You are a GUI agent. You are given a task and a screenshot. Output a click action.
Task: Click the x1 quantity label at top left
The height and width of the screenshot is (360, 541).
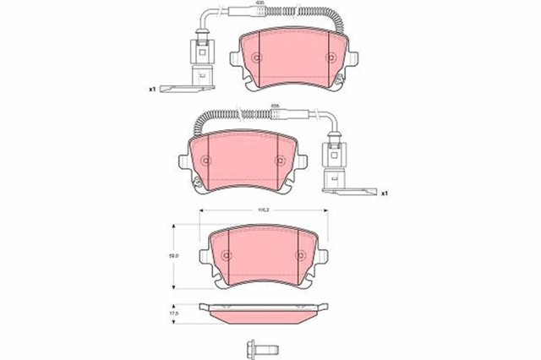point(152,89)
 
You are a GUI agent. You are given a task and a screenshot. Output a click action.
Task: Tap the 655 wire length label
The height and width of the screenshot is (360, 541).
point(274,107)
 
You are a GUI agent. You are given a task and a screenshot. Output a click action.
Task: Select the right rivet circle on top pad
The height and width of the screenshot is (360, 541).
point(330,57)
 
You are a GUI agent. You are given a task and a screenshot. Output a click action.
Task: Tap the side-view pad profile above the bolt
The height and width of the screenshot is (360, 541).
point(260,313)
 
